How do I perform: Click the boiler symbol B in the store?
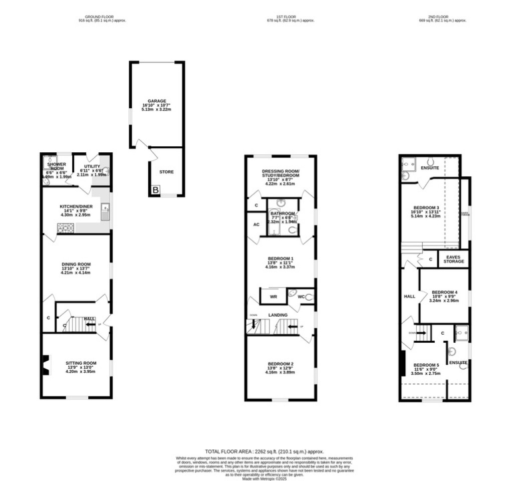click(x=156, y=190)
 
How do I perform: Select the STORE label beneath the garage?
click(x=166, y=172)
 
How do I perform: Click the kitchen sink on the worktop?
click(x=106, y=212)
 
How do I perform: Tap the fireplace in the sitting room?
click(x=46, y=365)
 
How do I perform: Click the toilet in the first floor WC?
click(x=309, y=297)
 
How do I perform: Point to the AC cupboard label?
click(x=256, y=225)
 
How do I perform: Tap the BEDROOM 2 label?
click(x=280, y=364)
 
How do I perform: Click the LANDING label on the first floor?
click(x=278, y=315)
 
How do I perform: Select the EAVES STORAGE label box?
click(x=453, y=259)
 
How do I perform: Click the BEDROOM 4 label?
click(x=444, y=292)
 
